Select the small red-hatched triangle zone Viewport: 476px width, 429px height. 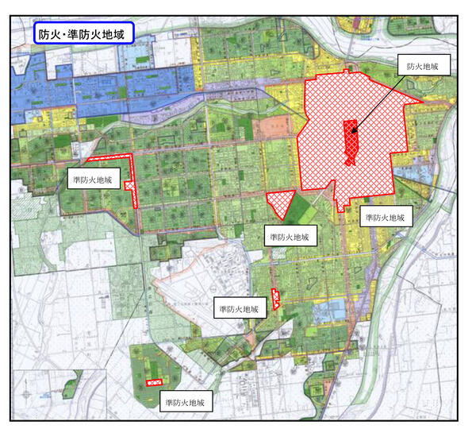[x=281, y=203]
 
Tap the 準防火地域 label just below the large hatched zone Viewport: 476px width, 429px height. [x=386, y=216]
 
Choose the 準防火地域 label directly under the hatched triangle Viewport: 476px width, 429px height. [x=289, y=236]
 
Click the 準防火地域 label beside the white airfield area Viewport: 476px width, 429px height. [x=240, y=309]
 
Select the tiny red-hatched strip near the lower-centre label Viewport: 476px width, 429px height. [x=275, y=299]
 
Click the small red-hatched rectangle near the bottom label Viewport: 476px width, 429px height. [x=155, y=383]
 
